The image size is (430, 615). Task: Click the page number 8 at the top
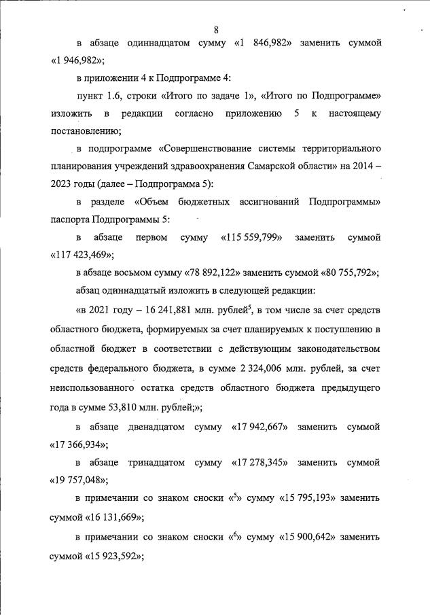(x=216, y=30)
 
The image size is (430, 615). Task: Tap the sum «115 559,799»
(x=252, y=238)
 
